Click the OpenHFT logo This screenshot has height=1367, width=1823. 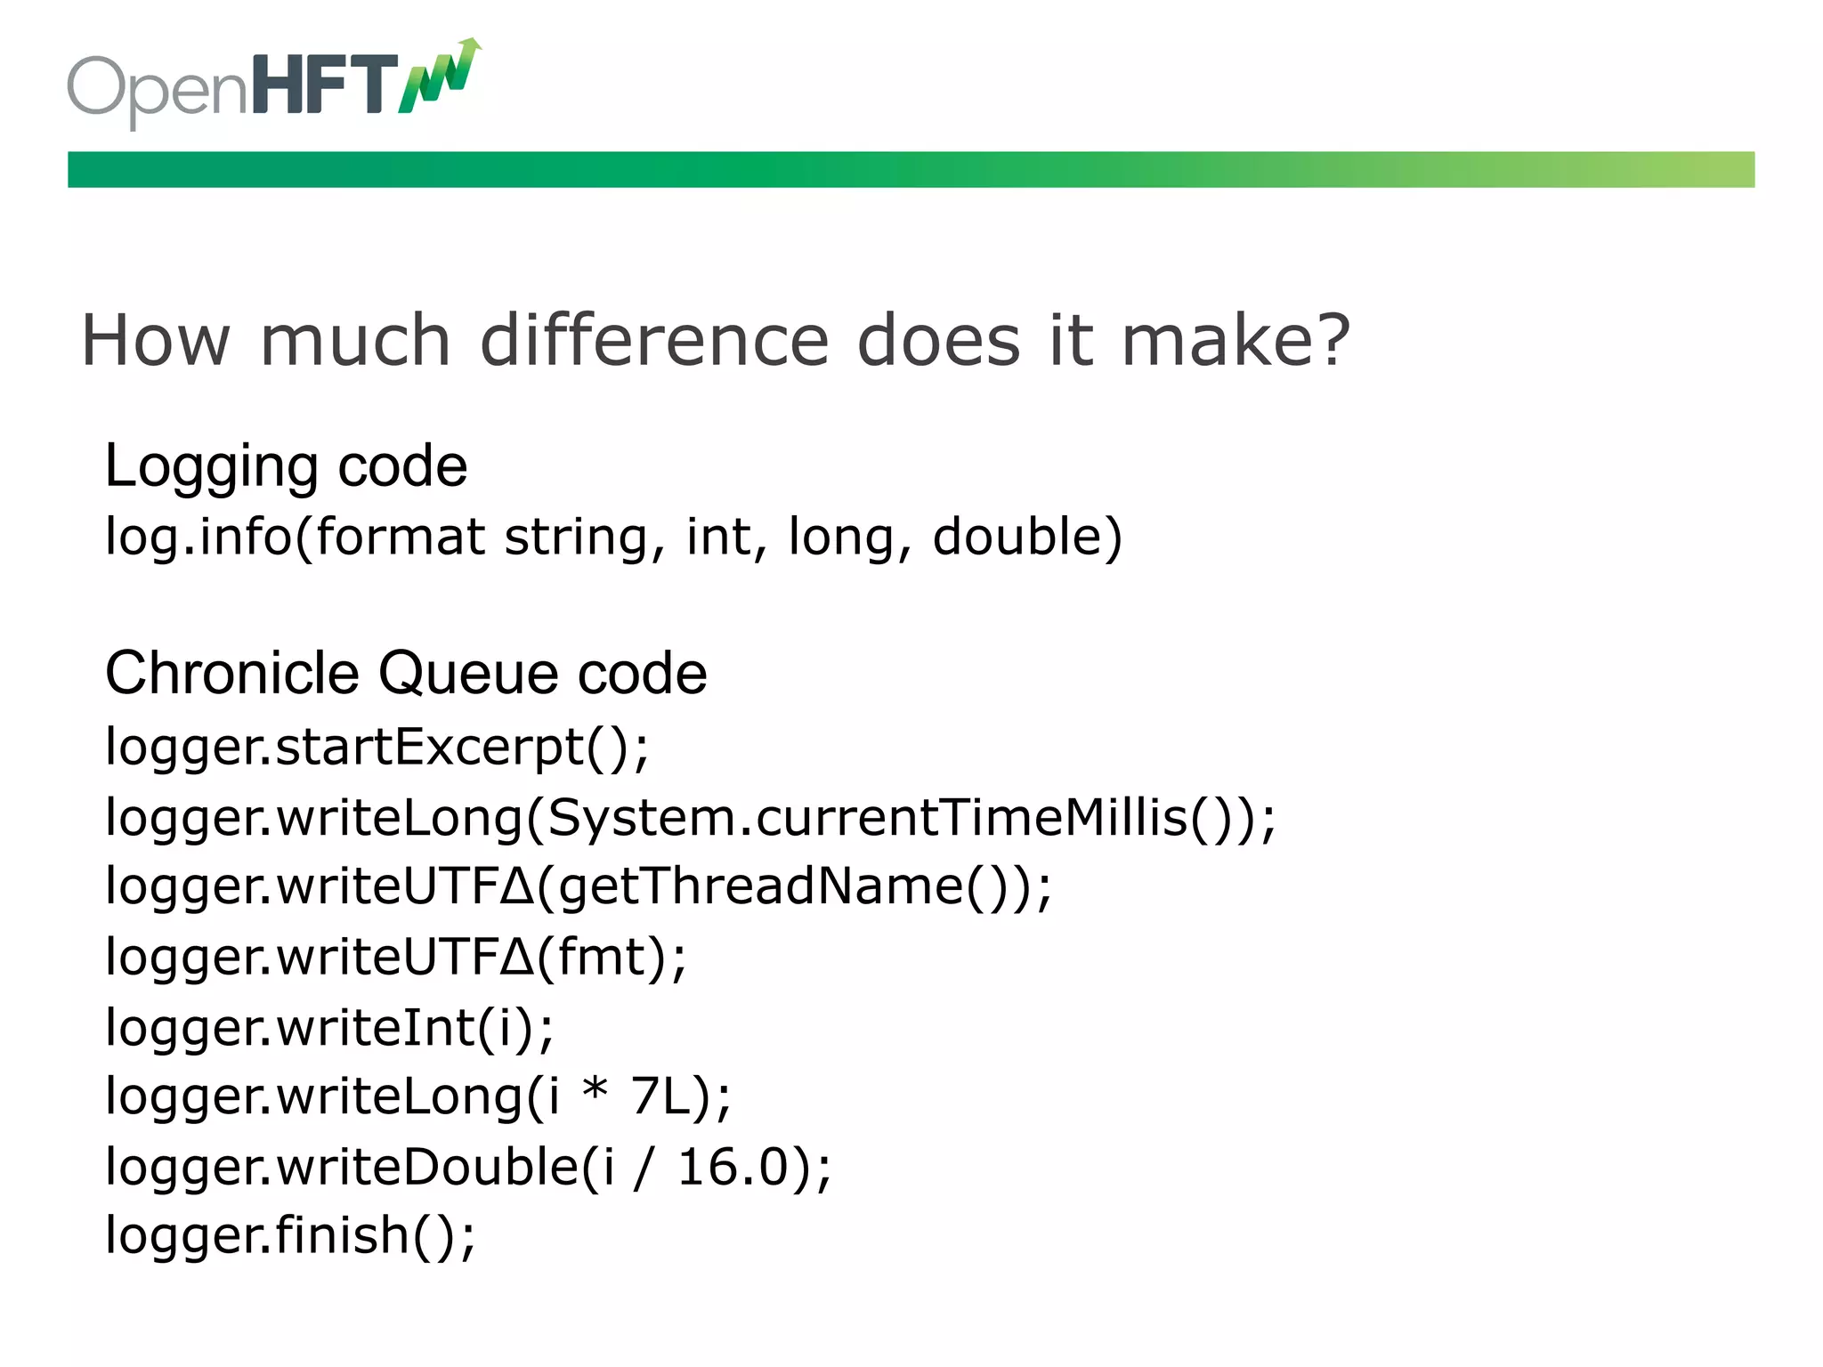click(271, 85)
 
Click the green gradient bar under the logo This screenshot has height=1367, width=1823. click(910, 169)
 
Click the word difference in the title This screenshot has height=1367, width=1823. click(654, 341)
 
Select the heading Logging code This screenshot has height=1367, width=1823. click(286, 466)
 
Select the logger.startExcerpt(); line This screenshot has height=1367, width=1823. click(377, 747)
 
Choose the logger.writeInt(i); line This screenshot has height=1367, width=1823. click(329, 1028)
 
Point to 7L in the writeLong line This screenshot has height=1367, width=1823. click(660, 1096)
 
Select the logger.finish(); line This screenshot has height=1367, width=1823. click(290, 1236)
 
